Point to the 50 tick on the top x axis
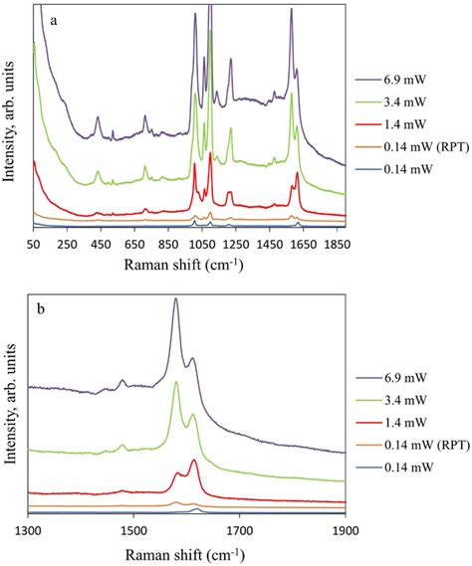click(34, 244)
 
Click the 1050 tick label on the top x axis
click(200, 244)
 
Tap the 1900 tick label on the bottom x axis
click(345, 530)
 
